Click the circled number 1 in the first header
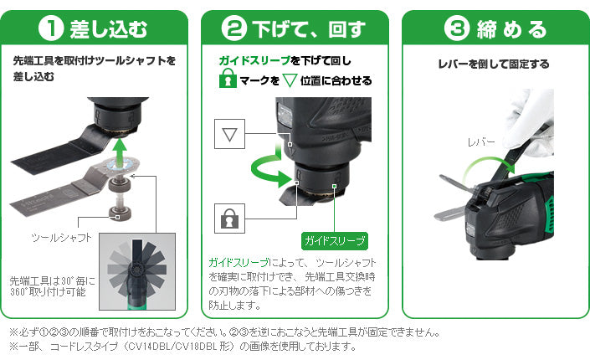click(x=51, y=28)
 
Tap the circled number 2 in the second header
click(x=233, y=28)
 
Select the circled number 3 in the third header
click(x=457, y=28)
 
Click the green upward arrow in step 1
click(x=120, y=152)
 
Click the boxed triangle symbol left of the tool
click(x=229, y=134)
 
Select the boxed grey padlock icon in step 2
click(x=229, y=219)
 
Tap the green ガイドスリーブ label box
click(x=335, y=240)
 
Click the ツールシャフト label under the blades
click(x=61, y=237)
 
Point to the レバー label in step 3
click(x=481, y=142)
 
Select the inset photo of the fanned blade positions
click(x=137, y=271)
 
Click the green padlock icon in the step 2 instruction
click(x=228, y=79)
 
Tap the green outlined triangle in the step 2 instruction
click(x=290, y=80)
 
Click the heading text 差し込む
click(x=108, y=29)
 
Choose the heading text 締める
click(x=511, y=29)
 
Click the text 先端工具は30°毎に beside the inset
click(x=52, y=281)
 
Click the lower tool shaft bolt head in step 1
click(x=120, y=213)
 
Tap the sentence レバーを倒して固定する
click(x=494, y=64)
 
